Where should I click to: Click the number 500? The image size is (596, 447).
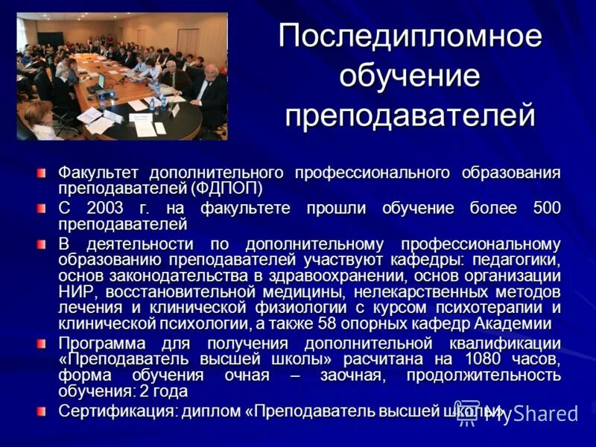(x=547, y=208)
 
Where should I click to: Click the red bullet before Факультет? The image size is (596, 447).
(x=44, y=173)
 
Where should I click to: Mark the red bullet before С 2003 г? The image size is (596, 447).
(x=44, y=208)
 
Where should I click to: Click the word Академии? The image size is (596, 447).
(x=518, y=323)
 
